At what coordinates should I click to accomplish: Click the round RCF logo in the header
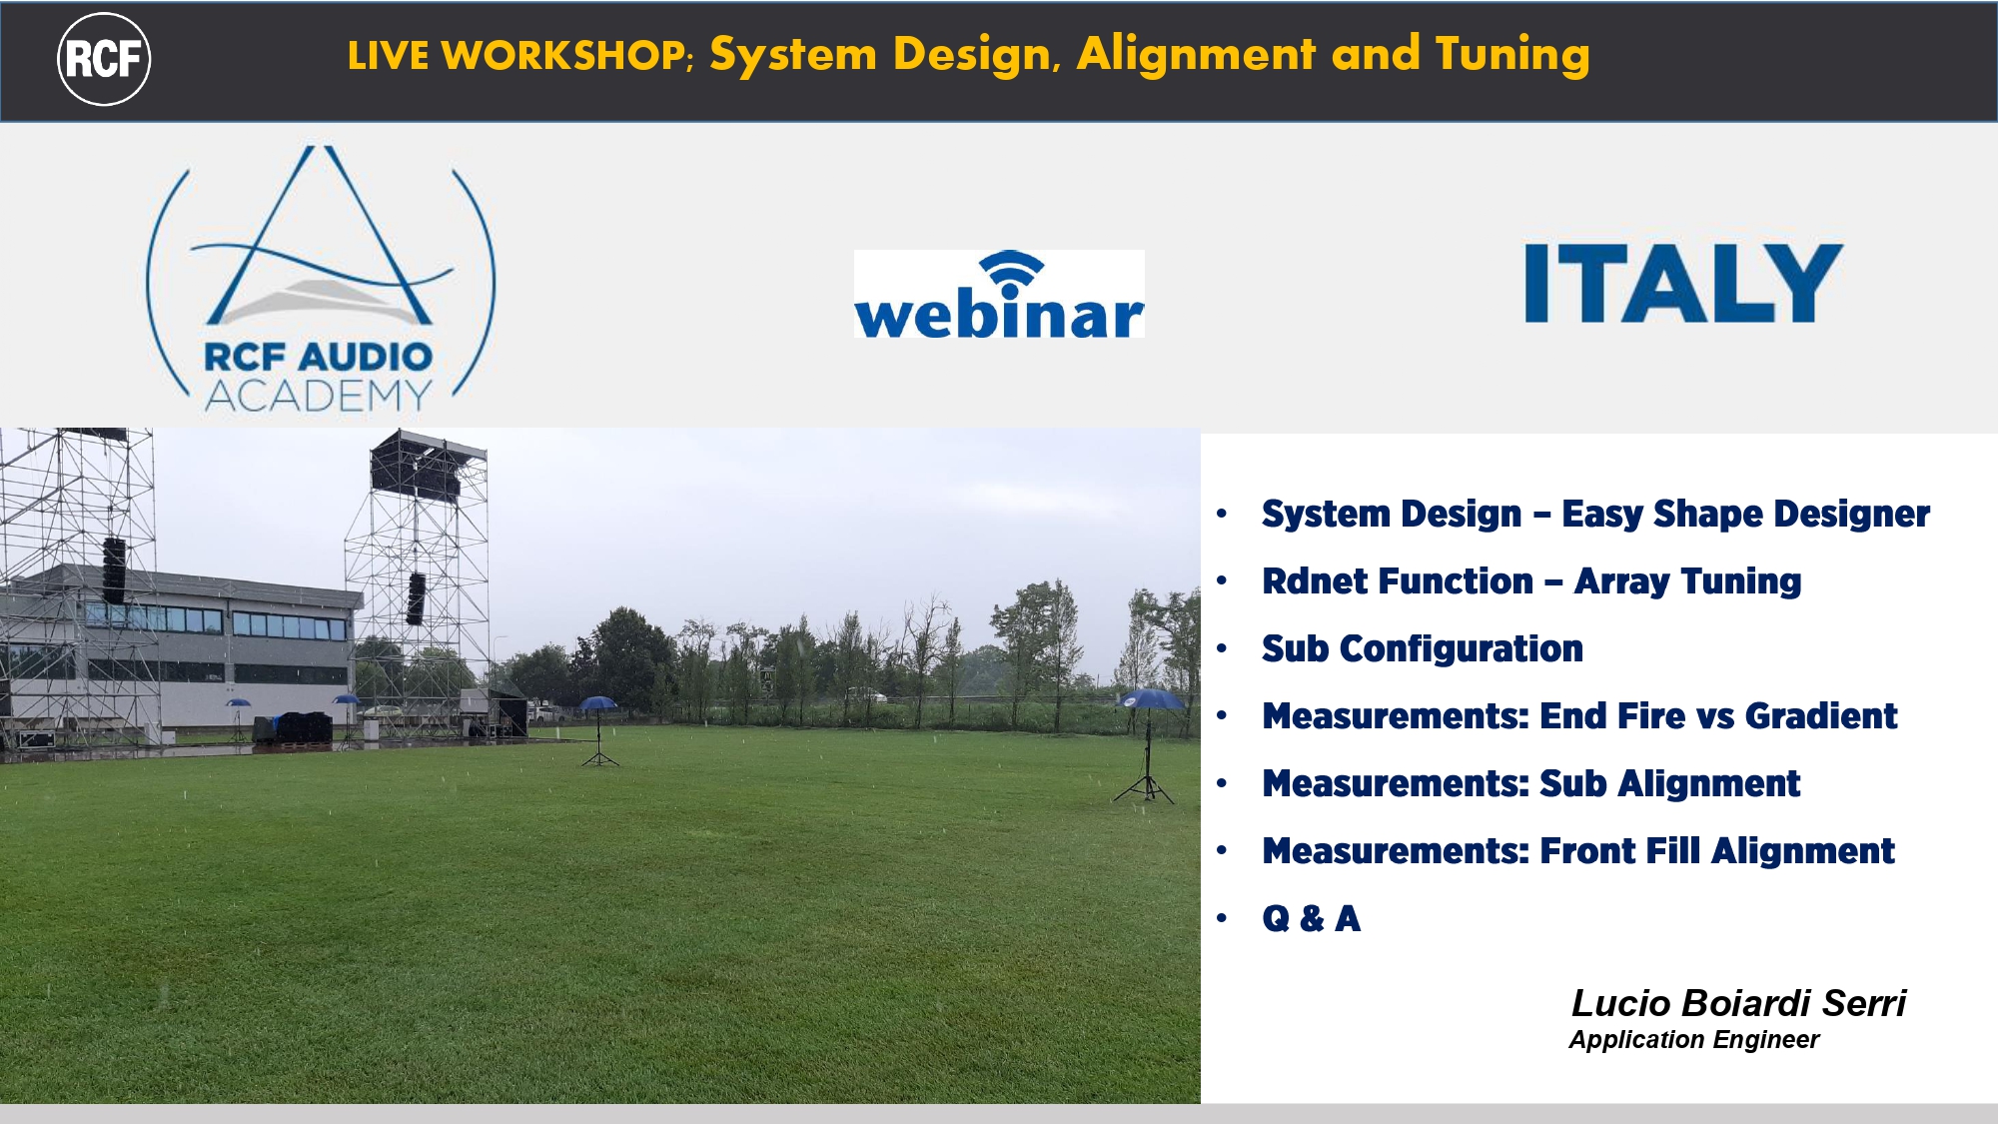[x=104, y=59]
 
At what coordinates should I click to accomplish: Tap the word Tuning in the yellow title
[x=1511, y=55]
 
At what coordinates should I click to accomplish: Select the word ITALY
[x=1682, y=284]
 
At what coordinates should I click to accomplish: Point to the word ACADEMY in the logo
[x=319, y=397]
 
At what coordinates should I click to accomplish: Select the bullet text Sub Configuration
[x=1422, y=649]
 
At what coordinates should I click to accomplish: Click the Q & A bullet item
[x=1311, y=918]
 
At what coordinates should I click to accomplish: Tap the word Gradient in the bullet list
[x=1820, y=716]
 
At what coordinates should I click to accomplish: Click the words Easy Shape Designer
[x=1744, y=515]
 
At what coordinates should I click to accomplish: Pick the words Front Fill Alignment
[x=1716, y=851]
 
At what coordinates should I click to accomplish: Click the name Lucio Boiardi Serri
[x=1737, y=1003]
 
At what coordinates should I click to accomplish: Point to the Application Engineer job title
[x=1693, y=1040]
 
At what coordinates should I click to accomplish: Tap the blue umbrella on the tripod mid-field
[x=597, y=703]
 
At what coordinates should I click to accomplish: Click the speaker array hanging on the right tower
[x=417, y=598]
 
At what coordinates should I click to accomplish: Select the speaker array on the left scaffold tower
[x=114, y=570]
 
